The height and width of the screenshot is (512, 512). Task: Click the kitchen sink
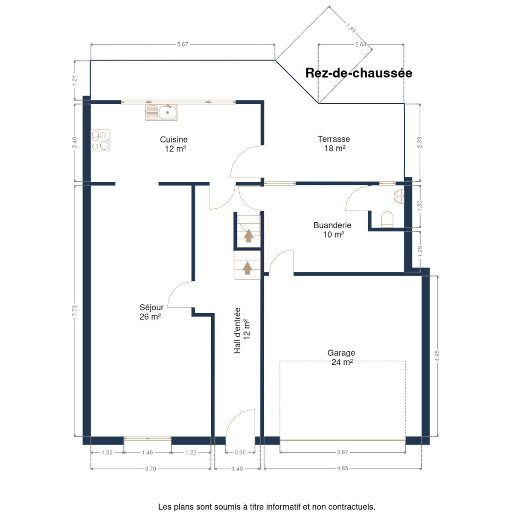161,112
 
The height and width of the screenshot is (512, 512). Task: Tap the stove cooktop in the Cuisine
100,140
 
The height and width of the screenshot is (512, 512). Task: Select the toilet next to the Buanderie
387,219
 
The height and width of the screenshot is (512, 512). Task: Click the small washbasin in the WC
399,197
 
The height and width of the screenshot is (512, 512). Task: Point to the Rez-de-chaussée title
358,73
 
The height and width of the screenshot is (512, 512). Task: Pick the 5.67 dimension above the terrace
183,45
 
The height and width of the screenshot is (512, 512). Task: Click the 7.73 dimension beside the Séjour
74,311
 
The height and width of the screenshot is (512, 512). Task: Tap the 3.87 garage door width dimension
343,452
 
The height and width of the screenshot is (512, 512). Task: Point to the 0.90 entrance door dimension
240,453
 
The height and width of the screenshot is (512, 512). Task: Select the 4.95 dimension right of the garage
437,356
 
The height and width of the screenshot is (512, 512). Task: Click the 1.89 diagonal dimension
351,28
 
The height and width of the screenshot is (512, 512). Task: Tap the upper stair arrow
249,236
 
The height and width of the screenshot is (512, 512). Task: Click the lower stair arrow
247,268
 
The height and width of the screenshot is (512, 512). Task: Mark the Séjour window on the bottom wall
148,438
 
